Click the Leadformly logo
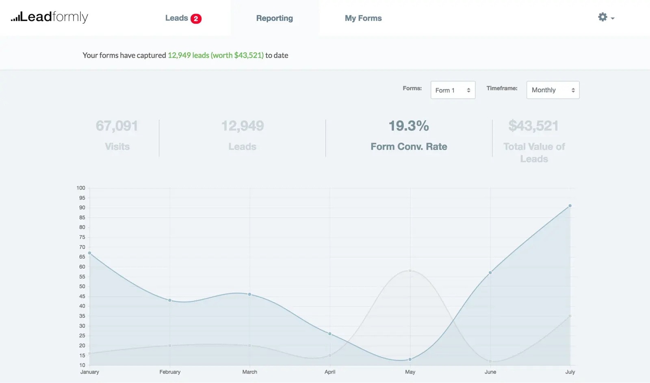point(50,17)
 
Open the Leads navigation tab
point(176,18)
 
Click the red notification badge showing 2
point(196,19)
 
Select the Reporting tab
point(274,18)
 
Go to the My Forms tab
point(363,18)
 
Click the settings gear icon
point(603,17)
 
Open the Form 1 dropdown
point(453,90)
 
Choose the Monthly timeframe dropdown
point(552,90)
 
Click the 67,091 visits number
point(117,126)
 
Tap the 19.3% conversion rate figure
point(409,126)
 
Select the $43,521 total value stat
point(533,126)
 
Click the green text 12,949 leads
point(188,55)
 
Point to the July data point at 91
point(570,206)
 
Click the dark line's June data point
point(490,272)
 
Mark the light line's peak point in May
point(410,271)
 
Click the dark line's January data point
point(90,253)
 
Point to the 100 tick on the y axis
point(81,188)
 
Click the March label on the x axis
point(249,372)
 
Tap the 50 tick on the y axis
point(82,286)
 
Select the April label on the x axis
point(330,372)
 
